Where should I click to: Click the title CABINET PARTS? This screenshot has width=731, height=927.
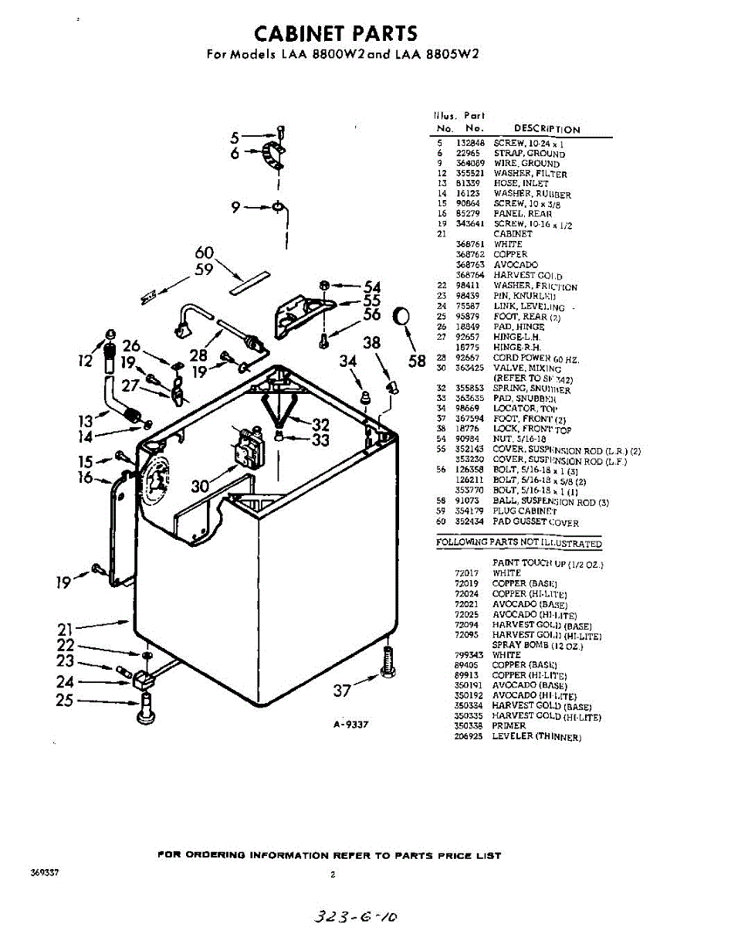[336, 33]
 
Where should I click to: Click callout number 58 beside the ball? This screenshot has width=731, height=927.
[418, 360]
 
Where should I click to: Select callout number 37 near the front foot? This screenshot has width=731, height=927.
[343, 691]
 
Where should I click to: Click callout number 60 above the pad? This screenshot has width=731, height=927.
[204, 253]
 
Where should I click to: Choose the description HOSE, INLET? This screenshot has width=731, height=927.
[521, 184]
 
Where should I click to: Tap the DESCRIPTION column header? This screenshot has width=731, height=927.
[547, 129]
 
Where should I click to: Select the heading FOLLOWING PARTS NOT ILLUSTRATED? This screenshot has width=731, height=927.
[519, 543]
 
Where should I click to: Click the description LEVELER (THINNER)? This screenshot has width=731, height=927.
[536, 737]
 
